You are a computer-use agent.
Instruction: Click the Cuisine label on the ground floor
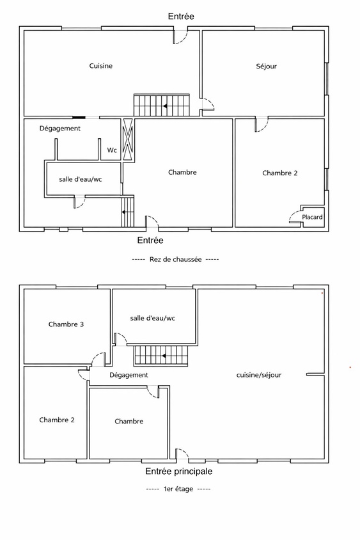[x=101, y=66]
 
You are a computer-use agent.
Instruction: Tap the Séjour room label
[x=266, y=66]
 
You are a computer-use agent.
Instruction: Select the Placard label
[x=313, y=218]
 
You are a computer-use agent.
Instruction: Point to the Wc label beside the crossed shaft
[x=112, y=150]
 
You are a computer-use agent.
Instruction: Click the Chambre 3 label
[x=66, y=324]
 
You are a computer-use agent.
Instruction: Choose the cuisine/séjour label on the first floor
[x=259, y=375]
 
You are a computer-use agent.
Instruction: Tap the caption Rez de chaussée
[x=175, y=259]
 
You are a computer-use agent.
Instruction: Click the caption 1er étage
[x=178, y=489]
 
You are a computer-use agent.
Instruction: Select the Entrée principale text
[x=178, y=472]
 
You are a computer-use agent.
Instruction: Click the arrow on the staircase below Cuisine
[x=166, y=106]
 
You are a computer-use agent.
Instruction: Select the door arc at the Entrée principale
[x=182, y=454]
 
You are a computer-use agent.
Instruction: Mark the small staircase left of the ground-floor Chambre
[x=128, y=212]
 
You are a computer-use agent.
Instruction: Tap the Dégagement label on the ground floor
[x=60, y=128]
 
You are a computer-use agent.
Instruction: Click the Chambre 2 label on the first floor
[x=57, y=420]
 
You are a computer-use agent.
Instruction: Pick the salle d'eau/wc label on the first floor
[x=152, y=318]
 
